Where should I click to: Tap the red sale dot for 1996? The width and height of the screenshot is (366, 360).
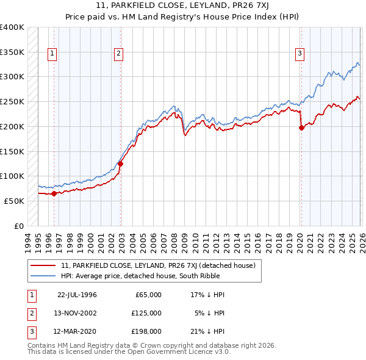coord(54,193)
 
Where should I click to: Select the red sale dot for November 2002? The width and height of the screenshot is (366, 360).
coord(121,164)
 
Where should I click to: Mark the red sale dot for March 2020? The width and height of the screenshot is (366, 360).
coord(301,128)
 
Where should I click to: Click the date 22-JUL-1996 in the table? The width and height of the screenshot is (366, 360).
coord(77,295)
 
